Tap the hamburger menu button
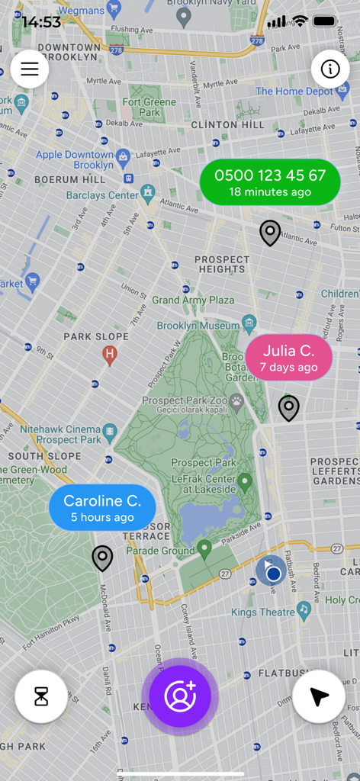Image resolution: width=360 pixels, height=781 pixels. click(x=30, y=69)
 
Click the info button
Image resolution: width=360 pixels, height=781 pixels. click(x=330, y=69)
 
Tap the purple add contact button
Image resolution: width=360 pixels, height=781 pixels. click(x=180, y=696)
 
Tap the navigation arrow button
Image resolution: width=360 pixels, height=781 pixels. click(x=319, y=696)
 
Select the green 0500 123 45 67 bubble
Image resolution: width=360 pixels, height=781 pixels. click(x=270, y=182)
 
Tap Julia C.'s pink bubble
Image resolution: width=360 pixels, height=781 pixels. click(x=288, y=357)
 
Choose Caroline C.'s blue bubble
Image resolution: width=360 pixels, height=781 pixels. click(x=102, y=507)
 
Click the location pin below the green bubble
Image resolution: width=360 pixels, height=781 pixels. click(x=270, y=233)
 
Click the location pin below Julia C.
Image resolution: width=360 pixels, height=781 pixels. click(x=288, y=408)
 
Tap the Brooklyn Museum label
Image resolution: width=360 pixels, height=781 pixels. click(x=198, y=326)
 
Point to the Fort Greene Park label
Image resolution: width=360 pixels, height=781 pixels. click(x=149, y=107)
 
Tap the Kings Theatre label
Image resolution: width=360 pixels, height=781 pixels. click(x=263, y=612)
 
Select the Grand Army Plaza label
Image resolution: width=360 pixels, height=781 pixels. click(x=193, y=300)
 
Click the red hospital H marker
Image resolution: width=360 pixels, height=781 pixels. click(x=110, y=353)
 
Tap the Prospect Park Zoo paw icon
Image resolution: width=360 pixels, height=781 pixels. click(x=237, y=400)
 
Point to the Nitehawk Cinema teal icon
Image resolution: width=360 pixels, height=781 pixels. click(x=110, y=431)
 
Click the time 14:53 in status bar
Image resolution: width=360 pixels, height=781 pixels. click(x=41, y=22)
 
